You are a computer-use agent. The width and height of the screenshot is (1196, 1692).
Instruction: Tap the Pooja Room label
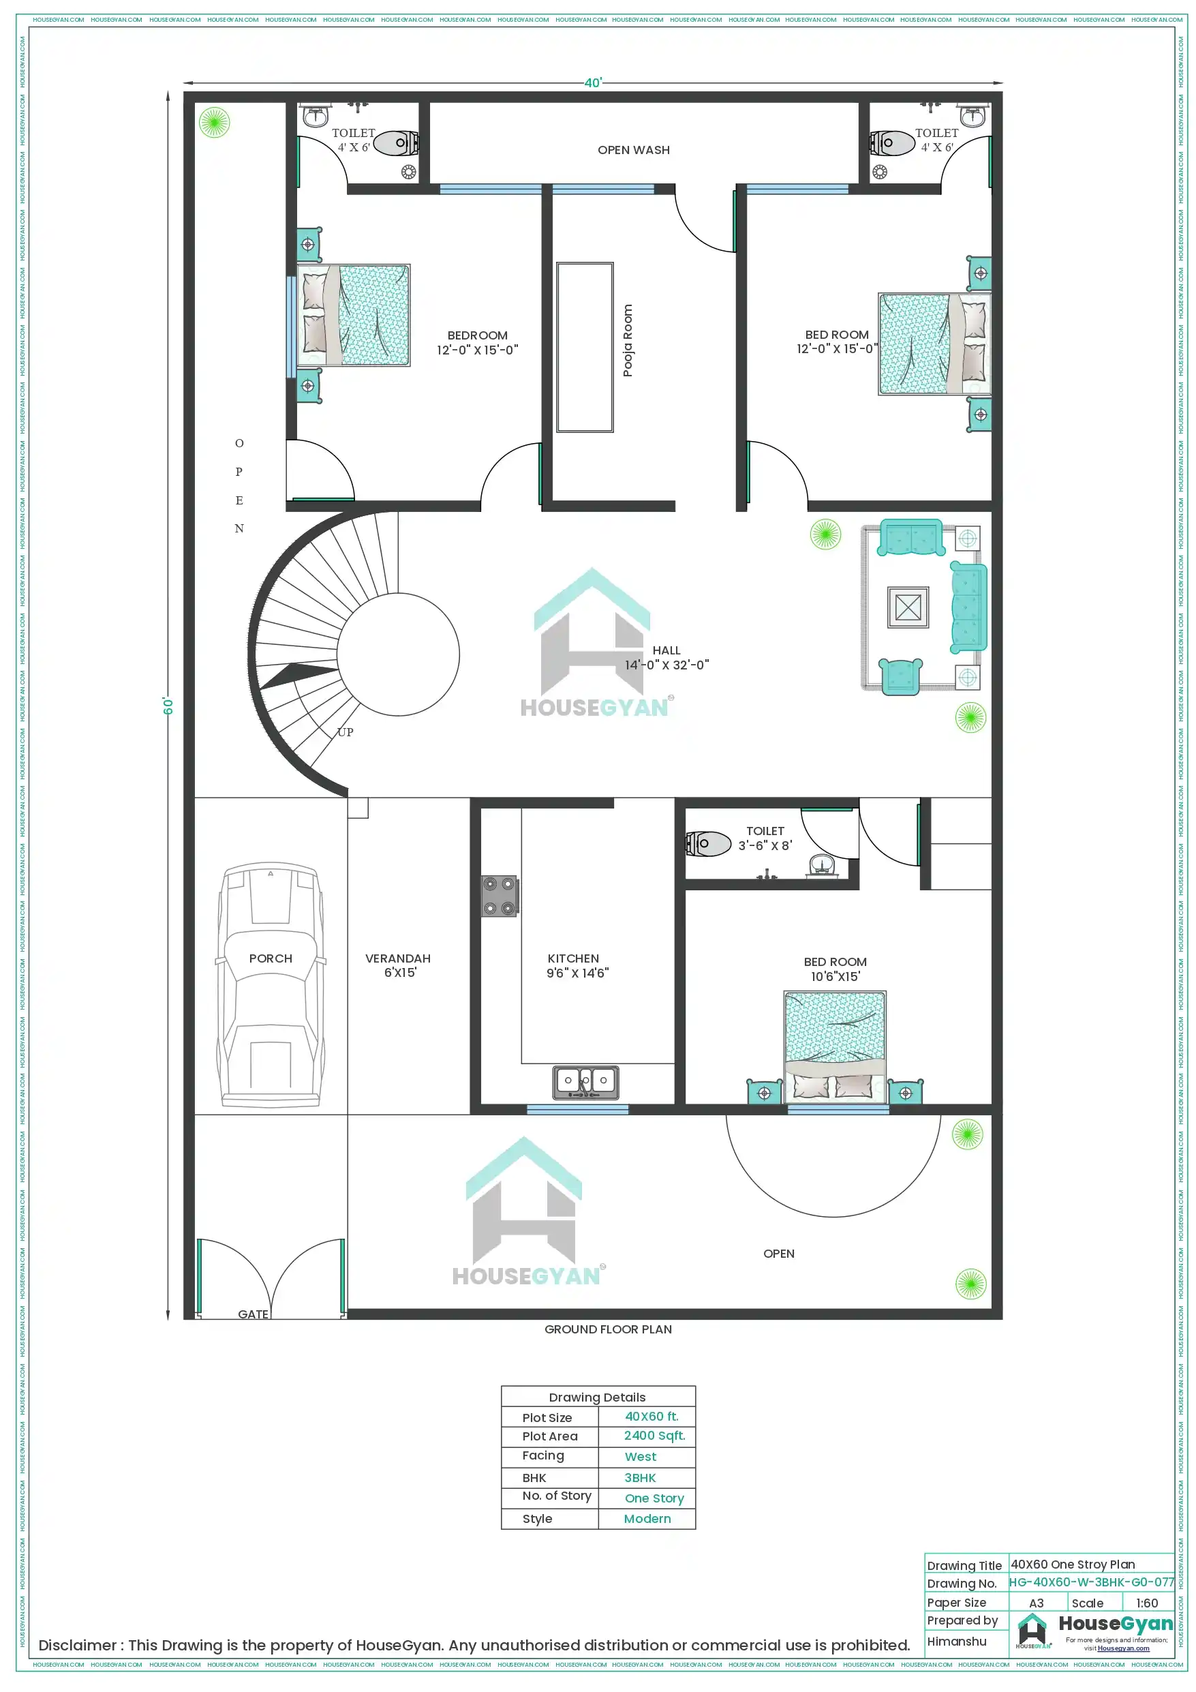628,340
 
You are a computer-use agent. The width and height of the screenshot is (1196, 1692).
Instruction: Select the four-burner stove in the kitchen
500,896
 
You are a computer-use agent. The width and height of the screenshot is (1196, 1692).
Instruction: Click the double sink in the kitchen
586,1082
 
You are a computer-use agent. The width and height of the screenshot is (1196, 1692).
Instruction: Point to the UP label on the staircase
345,731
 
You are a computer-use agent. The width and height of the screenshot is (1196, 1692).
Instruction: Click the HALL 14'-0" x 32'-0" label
667,657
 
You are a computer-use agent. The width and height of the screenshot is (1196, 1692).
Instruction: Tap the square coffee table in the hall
908,607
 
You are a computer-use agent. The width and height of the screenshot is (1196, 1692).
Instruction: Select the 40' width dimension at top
592,82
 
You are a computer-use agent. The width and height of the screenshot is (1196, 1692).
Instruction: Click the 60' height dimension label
168,706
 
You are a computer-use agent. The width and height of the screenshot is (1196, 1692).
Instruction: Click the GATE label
253,1314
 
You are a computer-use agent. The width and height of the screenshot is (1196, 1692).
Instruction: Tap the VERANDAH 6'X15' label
398,965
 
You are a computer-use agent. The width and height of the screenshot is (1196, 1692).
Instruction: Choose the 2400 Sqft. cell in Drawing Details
654,1436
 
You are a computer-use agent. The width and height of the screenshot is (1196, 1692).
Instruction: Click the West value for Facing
641,1457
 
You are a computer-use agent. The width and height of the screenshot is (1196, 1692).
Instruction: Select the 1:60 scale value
1147,1603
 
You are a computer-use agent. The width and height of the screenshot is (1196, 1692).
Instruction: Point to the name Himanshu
957,1641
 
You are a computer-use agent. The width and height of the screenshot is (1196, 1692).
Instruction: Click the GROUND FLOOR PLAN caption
608,1329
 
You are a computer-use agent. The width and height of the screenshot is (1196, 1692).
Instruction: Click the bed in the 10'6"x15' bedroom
835,1046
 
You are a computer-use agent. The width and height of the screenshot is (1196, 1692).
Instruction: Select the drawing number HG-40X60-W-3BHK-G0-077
1091,1582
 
